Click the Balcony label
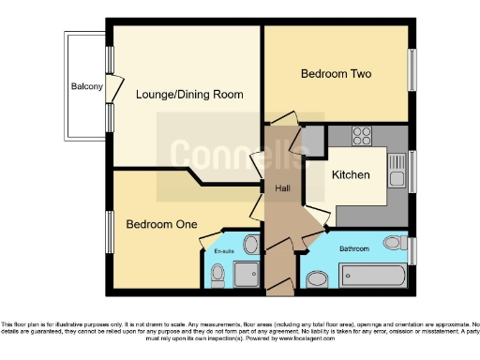[86, 87]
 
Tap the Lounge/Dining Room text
[188, 94]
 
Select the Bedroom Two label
[335, 73]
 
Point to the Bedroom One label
[160, 224]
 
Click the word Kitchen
[351, 175]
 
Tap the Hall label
[281, 189]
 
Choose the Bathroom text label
[353, 248]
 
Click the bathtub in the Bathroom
[372, 276]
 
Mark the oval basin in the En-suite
[251, 246]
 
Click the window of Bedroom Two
[412, 70]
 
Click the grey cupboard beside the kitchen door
[316, 141]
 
